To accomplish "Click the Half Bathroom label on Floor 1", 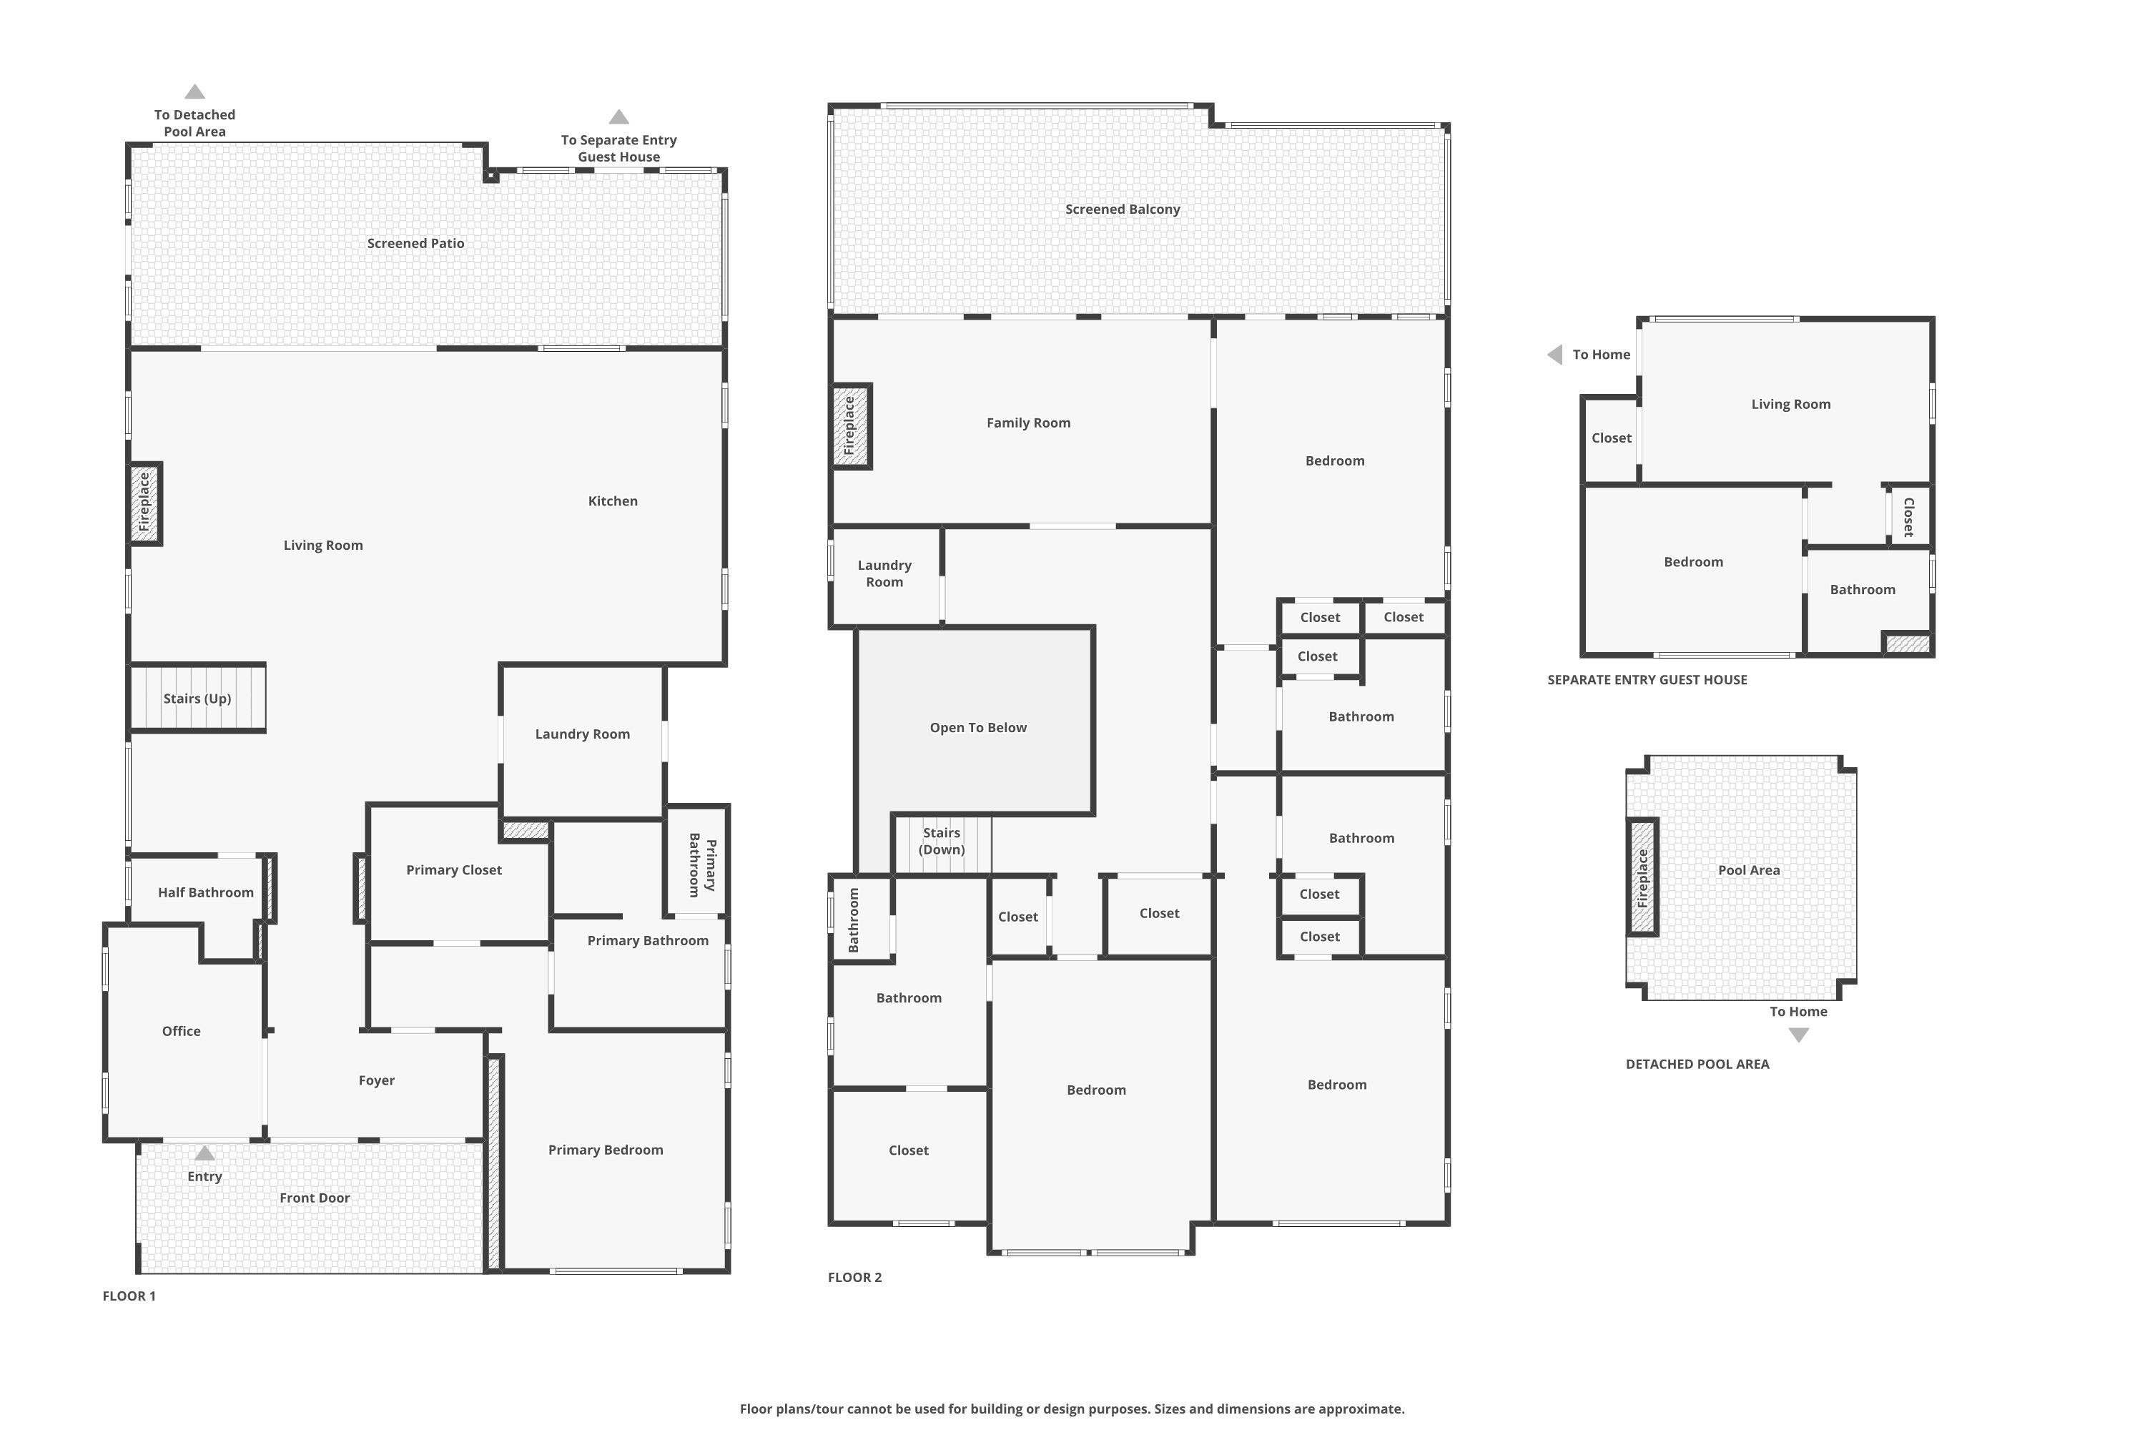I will tap(205, 892).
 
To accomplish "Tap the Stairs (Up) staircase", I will tap(197, 699).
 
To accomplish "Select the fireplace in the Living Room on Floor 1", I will tap(144, 503).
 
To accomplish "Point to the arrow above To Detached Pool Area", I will tap(194, 92).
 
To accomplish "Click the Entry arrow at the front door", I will tap(204, 1154).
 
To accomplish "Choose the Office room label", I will tap(181, 1030).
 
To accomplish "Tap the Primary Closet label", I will tap(453, 870).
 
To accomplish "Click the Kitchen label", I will tap(612, 500).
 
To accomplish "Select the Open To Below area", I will tap(977, 728).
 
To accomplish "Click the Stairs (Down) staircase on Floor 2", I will tap(941, 841).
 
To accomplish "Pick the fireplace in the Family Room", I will tap(850, 426).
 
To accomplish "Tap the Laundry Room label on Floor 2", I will tap(884, 573).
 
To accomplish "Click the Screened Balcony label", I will tap(1122, 209).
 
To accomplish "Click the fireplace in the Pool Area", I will tap(1642, 877).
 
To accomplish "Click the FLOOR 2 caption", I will tap(854, 1277).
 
